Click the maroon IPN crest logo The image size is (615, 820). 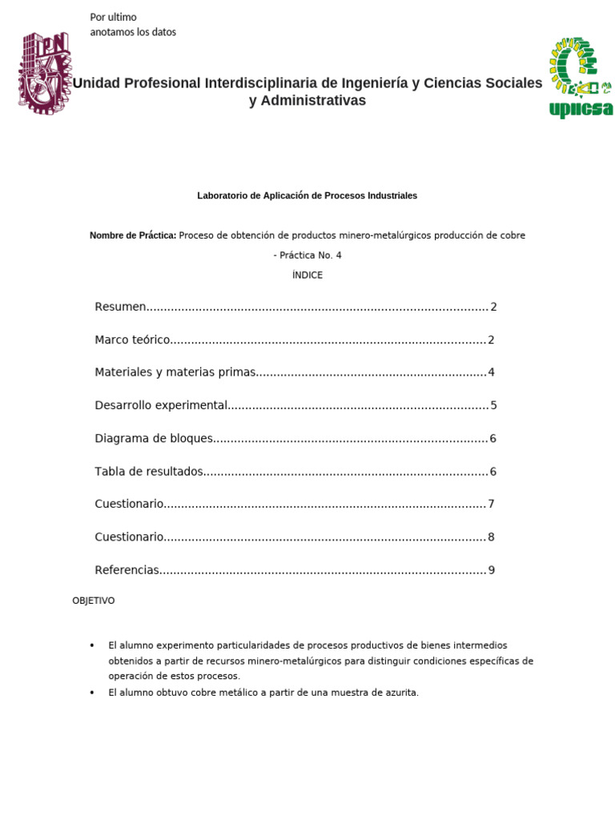[x=45, y=73]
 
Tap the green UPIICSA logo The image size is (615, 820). [x=581, y=78]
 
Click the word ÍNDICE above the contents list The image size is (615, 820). [x=307, y=275]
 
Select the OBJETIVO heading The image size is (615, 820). [x=94, y=601]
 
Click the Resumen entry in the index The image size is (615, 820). [x=121, y=307]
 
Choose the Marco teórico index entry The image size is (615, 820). [x=132, y=340]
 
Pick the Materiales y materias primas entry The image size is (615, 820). [x=175, y=372]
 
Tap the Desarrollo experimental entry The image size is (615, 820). [x=161, y=405]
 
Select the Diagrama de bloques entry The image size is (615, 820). [x=154, y=438]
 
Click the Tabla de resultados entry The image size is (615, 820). [x=149, y=471]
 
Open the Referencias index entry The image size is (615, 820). [x=127, y=570]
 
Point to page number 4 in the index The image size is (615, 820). [x=492, y=372]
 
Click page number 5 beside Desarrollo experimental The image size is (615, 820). [x=493, y=405]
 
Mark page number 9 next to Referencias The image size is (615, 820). [x=492, y=570]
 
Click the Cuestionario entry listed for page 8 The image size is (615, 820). [x=129, y=537]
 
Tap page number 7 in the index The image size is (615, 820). [x=492, y=504]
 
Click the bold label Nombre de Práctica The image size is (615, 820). [x=133, y=235]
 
